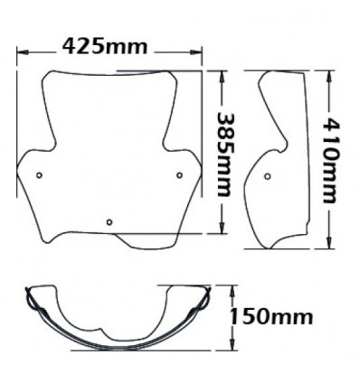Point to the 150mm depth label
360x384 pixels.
[270, 316]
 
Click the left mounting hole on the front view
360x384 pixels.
[39, 174]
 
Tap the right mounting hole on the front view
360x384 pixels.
[179, 174]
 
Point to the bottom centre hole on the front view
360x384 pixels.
[109, 221]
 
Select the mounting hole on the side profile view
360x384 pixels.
[269, 177]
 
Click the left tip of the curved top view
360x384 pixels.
[28, 292]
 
